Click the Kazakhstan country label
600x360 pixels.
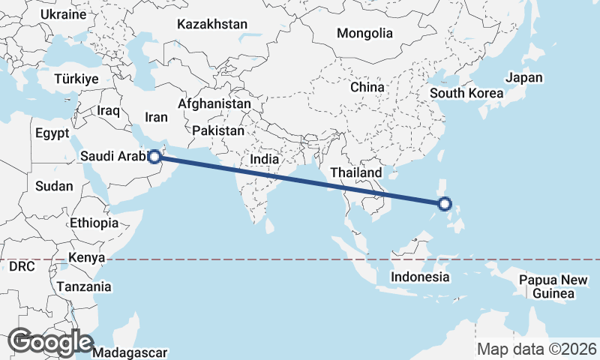coord(212,25)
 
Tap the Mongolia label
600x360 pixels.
coord(364,33)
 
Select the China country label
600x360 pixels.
coord(367,87)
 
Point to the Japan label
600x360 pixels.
coord(523,77)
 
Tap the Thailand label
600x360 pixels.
coord(356,172)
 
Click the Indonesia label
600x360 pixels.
coord(419,277)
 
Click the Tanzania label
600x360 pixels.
coord(83,286)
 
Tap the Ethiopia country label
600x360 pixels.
coord(94,223)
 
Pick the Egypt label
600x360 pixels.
coord(52,133)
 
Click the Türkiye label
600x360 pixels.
coord(77,79)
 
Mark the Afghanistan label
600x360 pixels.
coord(214,103)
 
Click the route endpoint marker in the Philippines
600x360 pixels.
coord(445,203)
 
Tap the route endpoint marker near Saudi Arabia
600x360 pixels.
coord(154,157)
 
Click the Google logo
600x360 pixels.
coord(51,342)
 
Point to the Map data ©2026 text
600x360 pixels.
coord(537,349)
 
